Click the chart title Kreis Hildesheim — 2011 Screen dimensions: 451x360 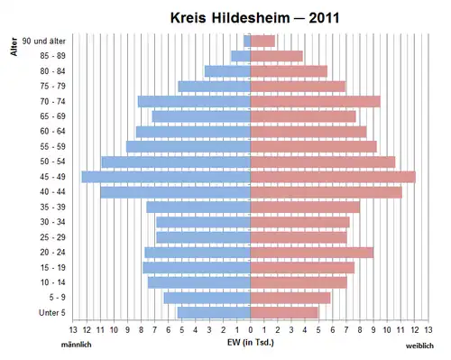tap(254, 18)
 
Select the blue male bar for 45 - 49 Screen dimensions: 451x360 tap(166, 177)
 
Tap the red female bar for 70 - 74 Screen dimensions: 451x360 tap(316, 101)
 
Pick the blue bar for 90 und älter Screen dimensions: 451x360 tap(247, 41)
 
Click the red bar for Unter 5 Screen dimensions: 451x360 tap(284, 312)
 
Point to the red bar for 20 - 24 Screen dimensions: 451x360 tap(312, 253)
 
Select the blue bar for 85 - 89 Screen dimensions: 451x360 tap(241, 56)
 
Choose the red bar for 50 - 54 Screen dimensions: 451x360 tap(323, 162)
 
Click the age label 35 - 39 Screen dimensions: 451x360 tap(52, 207)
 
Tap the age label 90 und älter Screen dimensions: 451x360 tap(44, 41)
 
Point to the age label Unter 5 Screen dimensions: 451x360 tap(52, 312)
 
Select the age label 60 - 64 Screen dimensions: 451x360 tap(52, 132)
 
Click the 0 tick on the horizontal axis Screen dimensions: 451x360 tap(251, 330)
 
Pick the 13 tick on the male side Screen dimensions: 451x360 tap(73, 330)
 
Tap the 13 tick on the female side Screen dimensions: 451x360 tap(428, 330)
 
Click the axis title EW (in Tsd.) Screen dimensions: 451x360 tap(251, 342)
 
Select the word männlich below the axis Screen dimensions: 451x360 tap(77, 345)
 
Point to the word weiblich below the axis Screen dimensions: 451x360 tap(419, 346)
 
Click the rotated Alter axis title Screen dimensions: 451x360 tap(14, 47)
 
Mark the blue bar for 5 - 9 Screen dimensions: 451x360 tap(207, 298)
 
